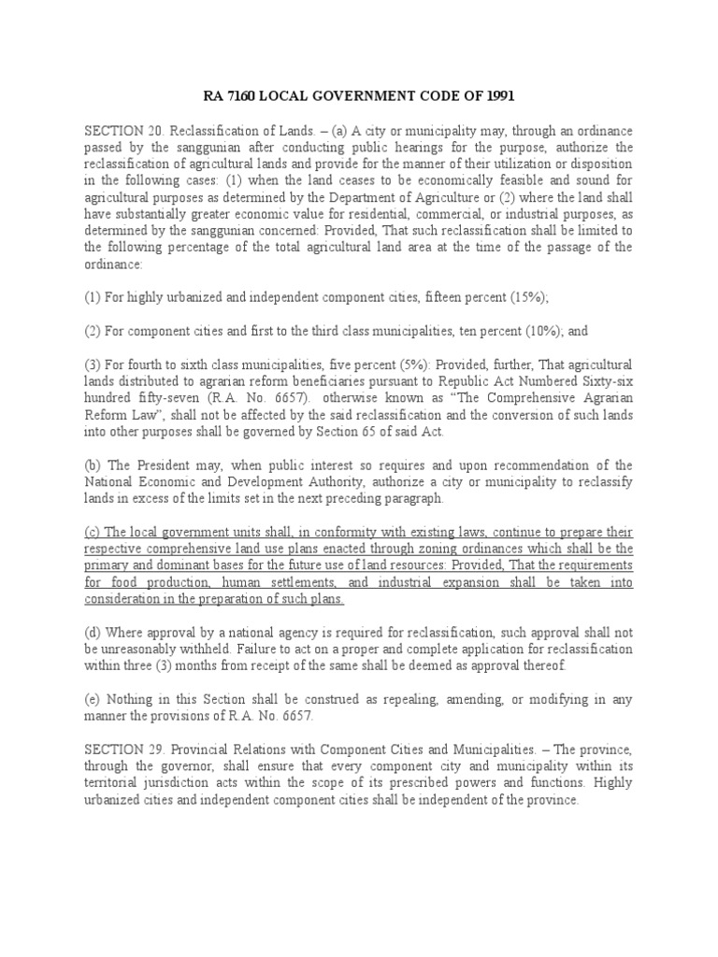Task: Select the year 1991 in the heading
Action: pos(498,96)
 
